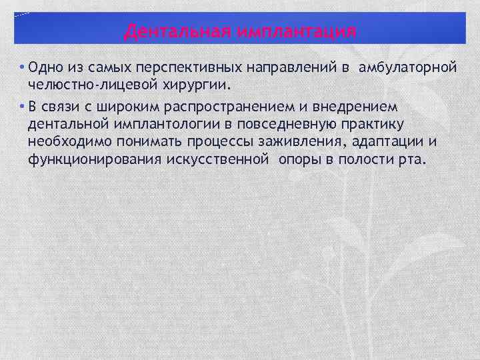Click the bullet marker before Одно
(x=23, y=69)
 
